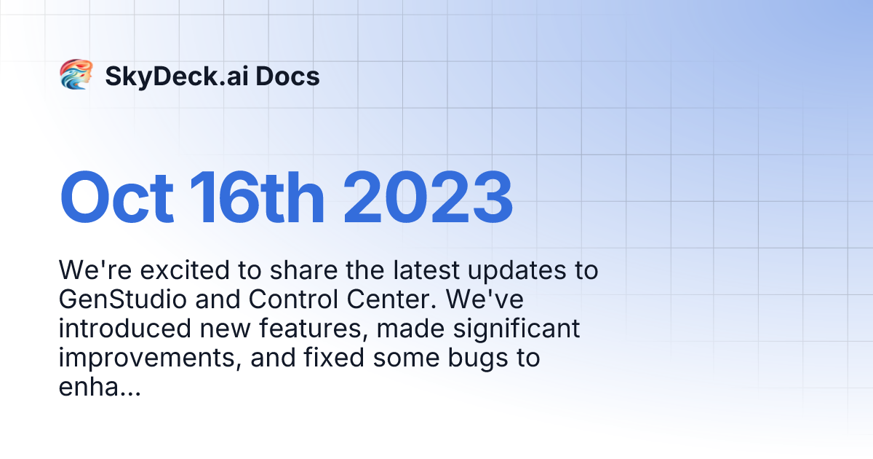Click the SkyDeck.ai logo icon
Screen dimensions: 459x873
(x=75, y=75)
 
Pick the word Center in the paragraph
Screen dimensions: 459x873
(x=381, y=299)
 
